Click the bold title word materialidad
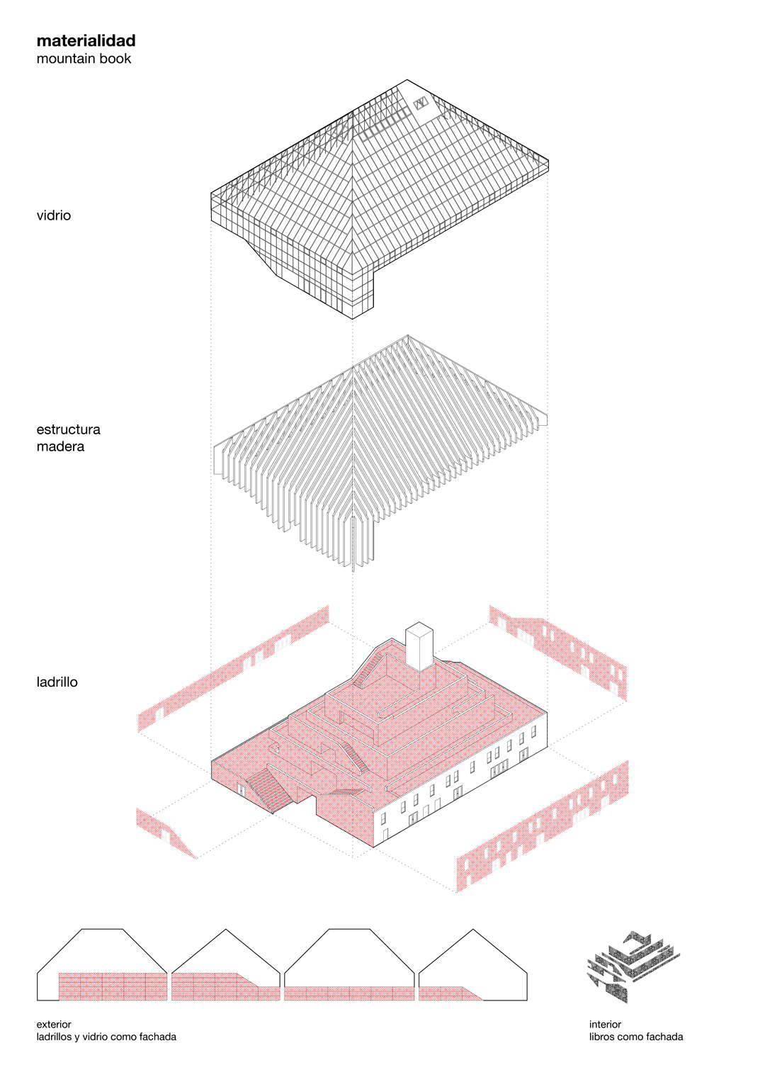86,41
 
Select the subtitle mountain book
84,59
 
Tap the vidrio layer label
54,215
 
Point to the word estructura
68,429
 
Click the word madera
60,446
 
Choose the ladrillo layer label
57,682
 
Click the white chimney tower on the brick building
419,646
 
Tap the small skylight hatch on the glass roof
421,103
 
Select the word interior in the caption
605,1024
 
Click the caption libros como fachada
636,1037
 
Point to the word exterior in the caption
54,1024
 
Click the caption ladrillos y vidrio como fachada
106,1037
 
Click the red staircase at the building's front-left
270,789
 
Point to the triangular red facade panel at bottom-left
165,832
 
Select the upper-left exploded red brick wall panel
234,669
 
